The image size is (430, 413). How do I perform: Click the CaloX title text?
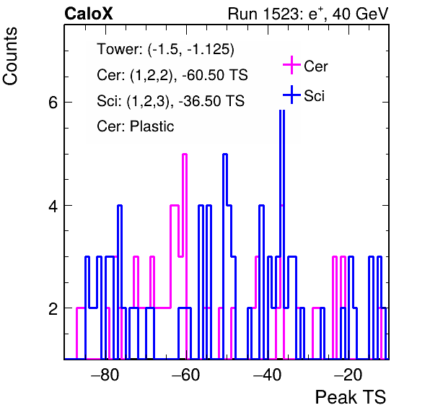pyautogui.click(x=89, y=14)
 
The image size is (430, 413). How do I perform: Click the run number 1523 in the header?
pyautogui.click(x=280, y=14)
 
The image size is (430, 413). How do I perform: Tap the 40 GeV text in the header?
pyautogui.click(x=360, y=14)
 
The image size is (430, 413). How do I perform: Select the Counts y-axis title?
pyautogui.click(x=10, y=56)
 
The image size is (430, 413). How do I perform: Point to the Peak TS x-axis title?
pyautogui.click(x=351, y=397)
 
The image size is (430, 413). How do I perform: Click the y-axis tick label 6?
pyautogui.click(x=53, y=103)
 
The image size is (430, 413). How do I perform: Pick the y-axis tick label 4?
pyautogui.click(x=53, y=206)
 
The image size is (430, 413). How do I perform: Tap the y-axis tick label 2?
pyautogui.click(x=53, y=309)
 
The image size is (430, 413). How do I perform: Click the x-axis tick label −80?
pyautogui.click(x=105, y=375)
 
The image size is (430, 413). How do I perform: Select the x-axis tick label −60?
pyautogui.click(x=186, y=375)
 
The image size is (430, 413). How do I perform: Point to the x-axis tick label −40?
pyautogui.click(x=267, y=375)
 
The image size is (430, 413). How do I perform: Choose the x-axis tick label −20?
pyautogui.click(x=348, y=375)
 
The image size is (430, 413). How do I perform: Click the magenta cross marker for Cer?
pyautogui.click(x=291, y=65)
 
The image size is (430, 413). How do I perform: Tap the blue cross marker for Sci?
pyautogui.click(x=291, y=95)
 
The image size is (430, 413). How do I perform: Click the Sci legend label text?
pyautogui.click(x=315, y=96)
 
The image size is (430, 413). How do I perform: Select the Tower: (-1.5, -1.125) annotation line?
pyautogui.click(x=166, y=49)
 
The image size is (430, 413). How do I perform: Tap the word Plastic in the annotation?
pyautogui.click(x=152, y=126)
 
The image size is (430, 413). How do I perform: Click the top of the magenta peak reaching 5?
pyautogui.click(x=185, y=155)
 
